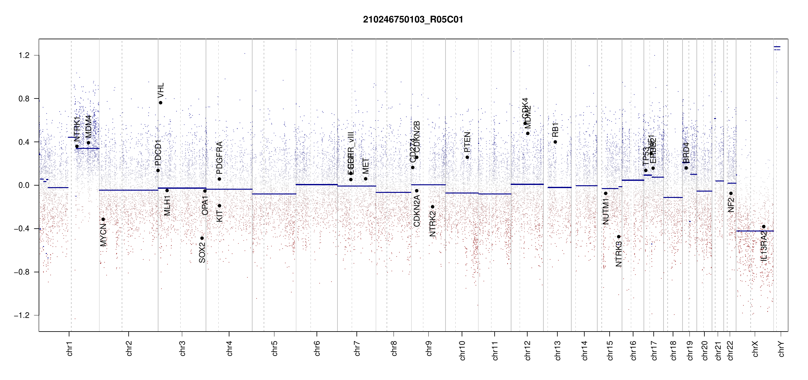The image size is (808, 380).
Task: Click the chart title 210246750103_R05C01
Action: [x=413, y=20]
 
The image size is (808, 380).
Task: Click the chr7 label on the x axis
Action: [x=357, y=348]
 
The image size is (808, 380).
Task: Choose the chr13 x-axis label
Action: [x=557, y=350]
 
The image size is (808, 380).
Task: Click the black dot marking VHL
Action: [x=161, y=103]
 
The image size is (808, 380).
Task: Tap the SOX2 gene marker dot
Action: [x=202, y=238]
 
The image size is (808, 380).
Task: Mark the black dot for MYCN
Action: [x=103, y=219]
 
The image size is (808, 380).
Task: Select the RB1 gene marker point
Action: [x=555, y=142]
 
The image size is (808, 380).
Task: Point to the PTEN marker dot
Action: [x=467, y=157]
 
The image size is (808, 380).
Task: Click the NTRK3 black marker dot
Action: [x=619, y=237]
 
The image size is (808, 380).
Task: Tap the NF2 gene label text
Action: [x=731, y=205]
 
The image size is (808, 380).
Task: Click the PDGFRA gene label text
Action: [x=219, y=158]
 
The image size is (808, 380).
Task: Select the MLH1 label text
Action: [x=167, y=206]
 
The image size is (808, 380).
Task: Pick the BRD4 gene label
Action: [x=686, y=153]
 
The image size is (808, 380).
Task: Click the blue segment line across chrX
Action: [x=755, y=231]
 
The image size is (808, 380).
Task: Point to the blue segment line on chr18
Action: [x=673, y=197]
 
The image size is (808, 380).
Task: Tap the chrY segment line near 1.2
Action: [x=777, y=47]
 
